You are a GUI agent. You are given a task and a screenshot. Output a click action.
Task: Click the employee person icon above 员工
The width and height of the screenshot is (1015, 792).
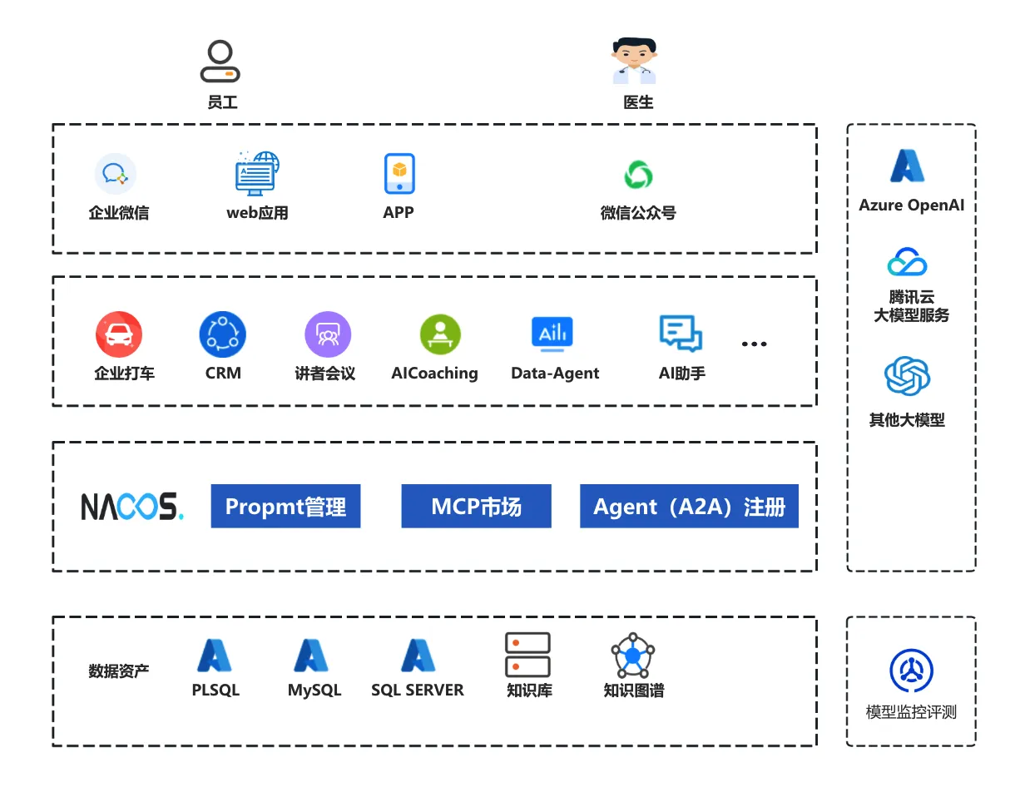tap(220, 62)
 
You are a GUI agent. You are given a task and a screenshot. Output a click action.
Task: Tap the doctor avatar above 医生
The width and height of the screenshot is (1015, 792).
tap(634, 62)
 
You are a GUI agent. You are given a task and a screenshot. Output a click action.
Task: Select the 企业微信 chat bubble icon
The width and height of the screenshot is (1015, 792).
tap(115, 174)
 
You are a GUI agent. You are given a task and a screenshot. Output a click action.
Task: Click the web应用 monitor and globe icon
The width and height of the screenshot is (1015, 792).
tap(256, 173)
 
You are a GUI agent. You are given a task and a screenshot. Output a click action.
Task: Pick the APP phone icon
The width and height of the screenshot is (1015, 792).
tap(399, 174)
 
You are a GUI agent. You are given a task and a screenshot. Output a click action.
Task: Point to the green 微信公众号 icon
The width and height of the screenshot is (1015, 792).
tap(638, 175)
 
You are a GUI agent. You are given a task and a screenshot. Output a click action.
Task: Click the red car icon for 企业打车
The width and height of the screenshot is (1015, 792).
tap(119, 334)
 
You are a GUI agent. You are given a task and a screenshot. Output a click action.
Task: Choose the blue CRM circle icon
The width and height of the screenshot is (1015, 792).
tap(222, 334)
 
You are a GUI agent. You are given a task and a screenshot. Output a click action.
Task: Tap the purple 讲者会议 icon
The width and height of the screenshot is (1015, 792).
tap(328, 334)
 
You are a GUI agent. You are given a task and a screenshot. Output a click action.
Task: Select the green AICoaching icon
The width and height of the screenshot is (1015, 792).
tap(439, 334)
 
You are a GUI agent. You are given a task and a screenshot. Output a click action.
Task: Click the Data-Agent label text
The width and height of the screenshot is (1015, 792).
tap(555, 374)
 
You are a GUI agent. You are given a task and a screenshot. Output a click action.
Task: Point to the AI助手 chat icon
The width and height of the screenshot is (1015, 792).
tap(681, 334)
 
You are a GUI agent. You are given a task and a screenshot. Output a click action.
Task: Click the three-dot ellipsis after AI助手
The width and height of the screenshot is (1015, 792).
tap(754, 344)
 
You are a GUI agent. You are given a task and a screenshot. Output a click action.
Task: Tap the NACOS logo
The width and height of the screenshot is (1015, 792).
tap(132, 506)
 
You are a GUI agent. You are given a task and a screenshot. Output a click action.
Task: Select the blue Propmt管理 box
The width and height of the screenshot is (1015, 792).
tap(285, 506)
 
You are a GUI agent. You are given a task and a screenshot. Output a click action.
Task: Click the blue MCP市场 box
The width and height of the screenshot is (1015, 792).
tap(476, 506)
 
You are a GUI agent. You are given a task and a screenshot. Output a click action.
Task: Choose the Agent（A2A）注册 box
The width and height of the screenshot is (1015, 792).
tap(689, 506)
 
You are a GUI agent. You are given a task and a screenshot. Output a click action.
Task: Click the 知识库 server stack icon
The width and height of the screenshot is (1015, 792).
tap(527, 655)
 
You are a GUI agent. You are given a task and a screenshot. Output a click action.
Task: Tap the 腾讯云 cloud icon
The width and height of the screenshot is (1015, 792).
tap(907, 262)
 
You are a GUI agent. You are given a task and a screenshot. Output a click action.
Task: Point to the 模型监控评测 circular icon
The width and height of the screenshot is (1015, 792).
tap(911, 671)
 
